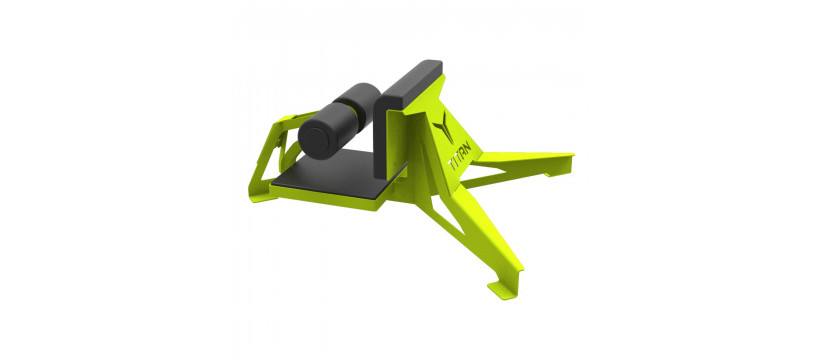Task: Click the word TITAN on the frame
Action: [x=460, y=156]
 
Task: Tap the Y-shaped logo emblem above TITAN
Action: [x=443, y=127]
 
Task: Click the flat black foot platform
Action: [x=338, y=174]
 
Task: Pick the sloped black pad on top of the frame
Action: [x=413, y=80]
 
